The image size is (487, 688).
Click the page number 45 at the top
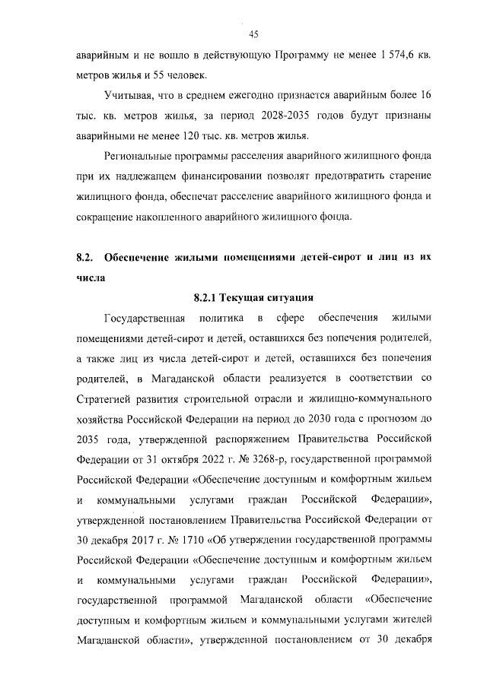pyautogui.click(x=254, y=33)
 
